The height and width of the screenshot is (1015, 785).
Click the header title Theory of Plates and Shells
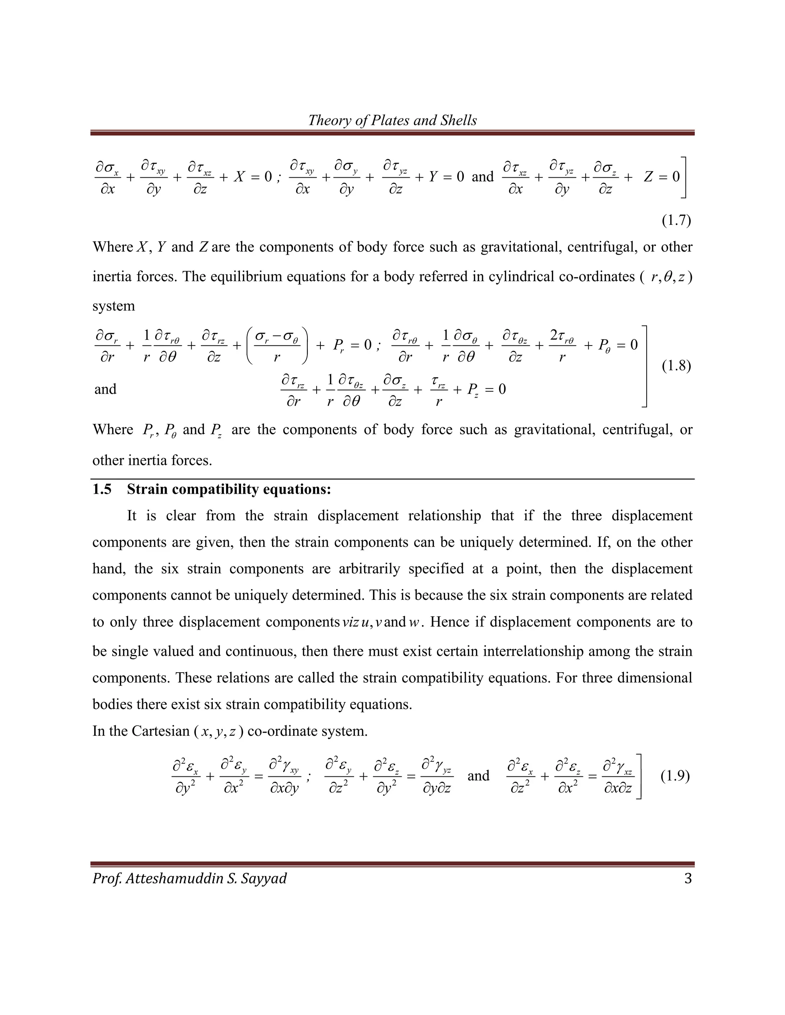point(392,120)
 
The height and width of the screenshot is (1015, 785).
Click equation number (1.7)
point(676,220)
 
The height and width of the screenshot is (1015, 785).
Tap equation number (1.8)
point(676,366)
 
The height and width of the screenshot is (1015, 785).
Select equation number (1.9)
point(675,776)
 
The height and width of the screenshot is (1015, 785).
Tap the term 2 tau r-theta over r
point(562,345)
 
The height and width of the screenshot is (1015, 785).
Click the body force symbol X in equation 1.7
point(239,177)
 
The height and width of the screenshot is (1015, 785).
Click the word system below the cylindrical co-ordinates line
point(113,306)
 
